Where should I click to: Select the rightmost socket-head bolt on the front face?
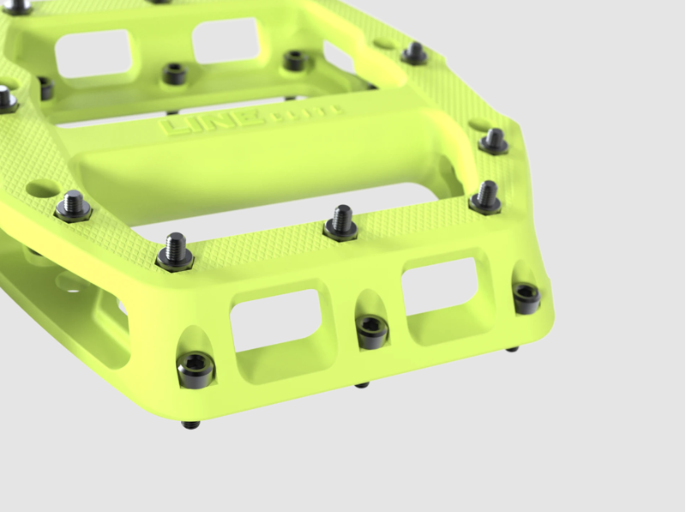(x=525, y=297)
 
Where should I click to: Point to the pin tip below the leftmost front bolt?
(x=192, y=424)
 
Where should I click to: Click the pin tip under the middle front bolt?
(x=363, y=384)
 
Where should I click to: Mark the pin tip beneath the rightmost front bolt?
(x=512, y=348)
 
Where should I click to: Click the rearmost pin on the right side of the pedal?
(x=415, y=53)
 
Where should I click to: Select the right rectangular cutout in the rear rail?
(x=226, y=39)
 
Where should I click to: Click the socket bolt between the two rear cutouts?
(x=175, y=74)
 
